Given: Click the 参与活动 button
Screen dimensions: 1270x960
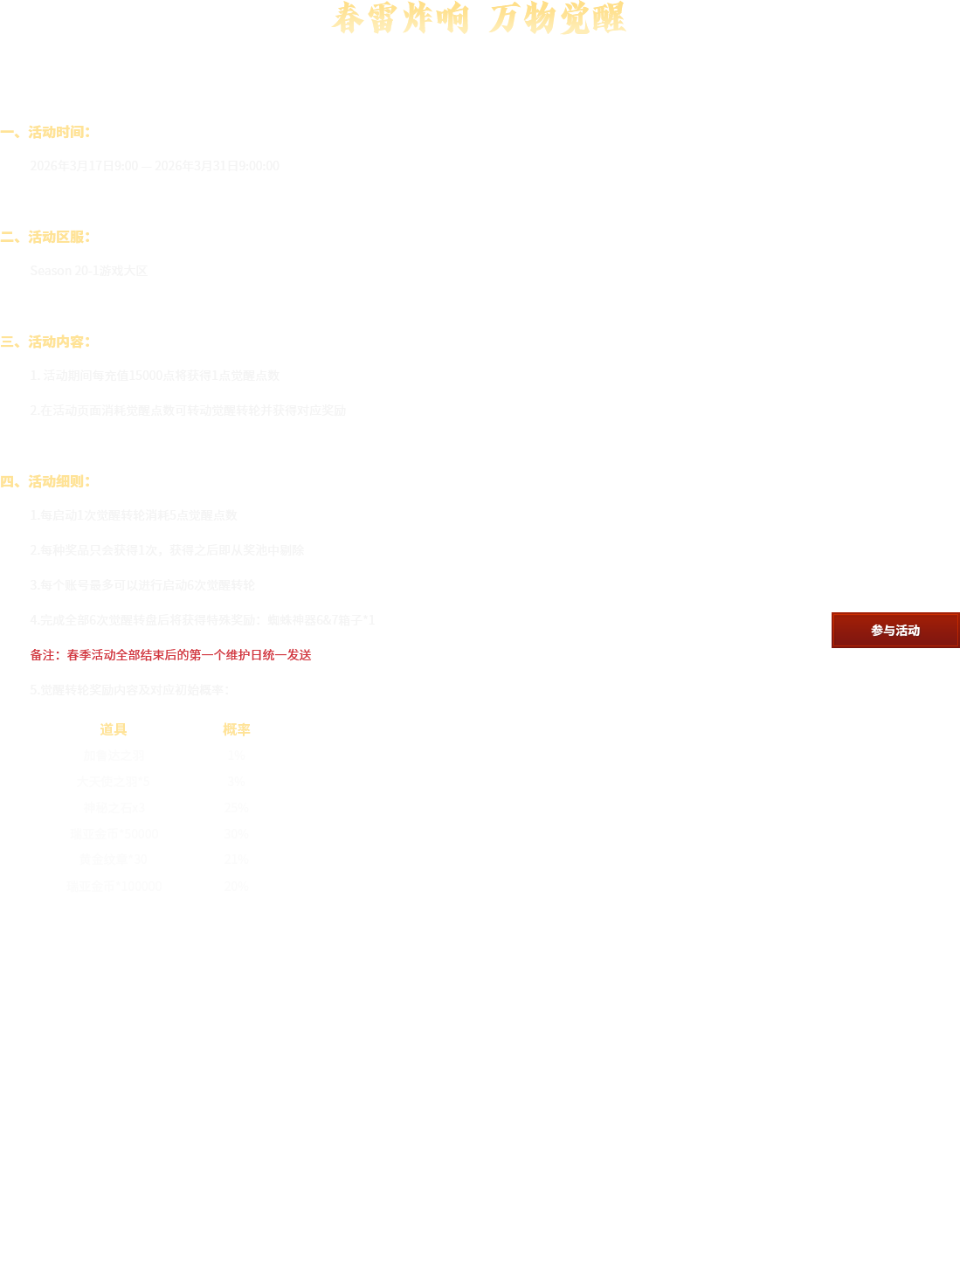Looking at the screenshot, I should [x=894, y=630].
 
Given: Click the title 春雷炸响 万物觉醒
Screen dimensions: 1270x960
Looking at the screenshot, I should [x=478, y=18].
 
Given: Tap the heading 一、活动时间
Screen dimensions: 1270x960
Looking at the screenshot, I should [x=45, y=132].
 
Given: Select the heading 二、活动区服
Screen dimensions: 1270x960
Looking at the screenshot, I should [x=45, y=237].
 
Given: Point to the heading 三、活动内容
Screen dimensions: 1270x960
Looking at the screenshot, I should [x=45, y=342].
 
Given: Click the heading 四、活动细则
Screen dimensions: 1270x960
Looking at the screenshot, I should [x=45, y=481].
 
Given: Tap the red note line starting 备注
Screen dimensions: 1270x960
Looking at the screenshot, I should [x=170, y=655].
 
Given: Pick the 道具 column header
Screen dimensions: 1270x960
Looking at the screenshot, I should [x=114, y=729].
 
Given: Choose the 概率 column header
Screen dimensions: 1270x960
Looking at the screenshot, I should [x=236, y=729].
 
